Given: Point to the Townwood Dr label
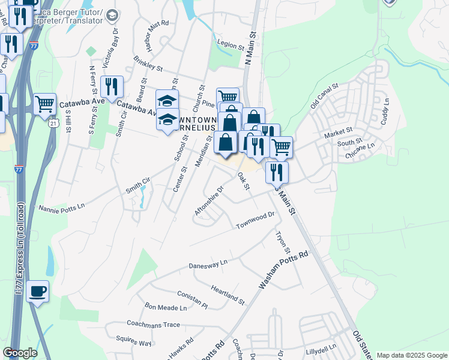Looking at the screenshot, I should point(255,220).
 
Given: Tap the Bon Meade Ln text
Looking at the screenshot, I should point(166,307).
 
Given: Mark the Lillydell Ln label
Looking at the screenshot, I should point(320,347).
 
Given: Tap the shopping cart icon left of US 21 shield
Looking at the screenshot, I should point(45,104).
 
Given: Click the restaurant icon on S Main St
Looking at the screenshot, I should point(277,172).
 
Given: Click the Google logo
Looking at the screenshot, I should point(20,353).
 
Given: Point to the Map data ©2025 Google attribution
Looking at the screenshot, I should point(412,355).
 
